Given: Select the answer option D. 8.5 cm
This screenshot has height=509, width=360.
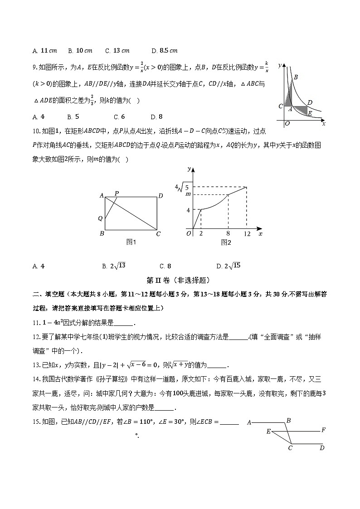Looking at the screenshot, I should [165, 50].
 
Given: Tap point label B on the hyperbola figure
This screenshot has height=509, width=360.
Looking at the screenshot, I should [296, 78].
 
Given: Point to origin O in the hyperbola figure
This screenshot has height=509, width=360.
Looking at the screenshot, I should [287, 123].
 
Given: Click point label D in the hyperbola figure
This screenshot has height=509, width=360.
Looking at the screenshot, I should [309, 103].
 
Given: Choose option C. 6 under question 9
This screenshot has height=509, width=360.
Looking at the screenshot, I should [119, 117].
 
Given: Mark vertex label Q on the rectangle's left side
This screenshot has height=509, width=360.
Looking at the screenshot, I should [100, 218].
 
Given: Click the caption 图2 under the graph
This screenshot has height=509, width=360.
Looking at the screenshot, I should [226, 242].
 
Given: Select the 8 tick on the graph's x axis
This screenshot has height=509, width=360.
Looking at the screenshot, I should [228, 234].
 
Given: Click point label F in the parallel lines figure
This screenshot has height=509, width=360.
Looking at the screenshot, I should [323, 429].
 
